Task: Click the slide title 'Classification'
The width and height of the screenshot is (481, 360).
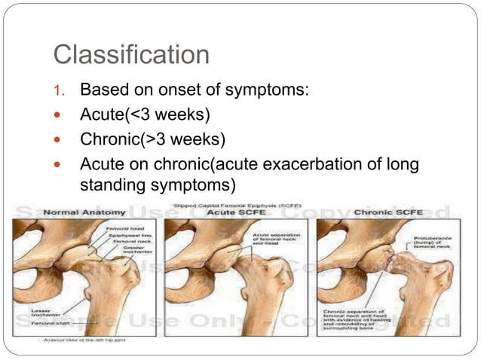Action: point(130,54)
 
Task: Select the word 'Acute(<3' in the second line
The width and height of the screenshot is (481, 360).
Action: point(108,115)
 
